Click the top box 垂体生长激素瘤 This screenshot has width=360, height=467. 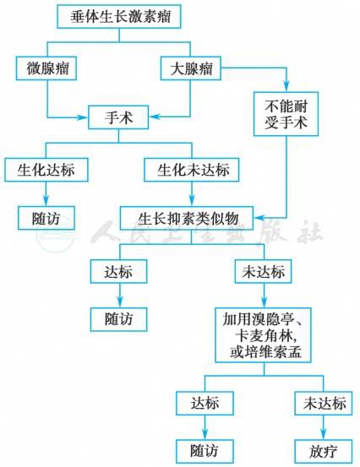(119, 16)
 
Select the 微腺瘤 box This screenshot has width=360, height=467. (46, 68)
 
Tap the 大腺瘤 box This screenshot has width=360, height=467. (191, 68)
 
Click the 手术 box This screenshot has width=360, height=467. (118, 117)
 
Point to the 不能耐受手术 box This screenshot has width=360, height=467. (286, 114)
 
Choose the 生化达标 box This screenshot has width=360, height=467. (46, 170)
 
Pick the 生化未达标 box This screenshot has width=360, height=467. (192, 170)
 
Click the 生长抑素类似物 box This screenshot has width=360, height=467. (187, 218)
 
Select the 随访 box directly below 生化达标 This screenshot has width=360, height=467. (46, 218)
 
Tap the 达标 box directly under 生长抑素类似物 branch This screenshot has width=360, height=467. (118, 271)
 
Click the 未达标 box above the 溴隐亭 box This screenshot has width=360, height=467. (263, 271)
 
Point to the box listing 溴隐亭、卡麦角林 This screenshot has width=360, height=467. (263, 335)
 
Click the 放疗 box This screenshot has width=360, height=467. (324, 451)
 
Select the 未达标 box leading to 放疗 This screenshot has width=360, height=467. (324, 404)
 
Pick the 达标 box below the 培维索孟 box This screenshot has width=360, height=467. (205, 404)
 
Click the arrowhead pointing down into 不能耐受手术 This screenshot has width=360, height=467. (286, 87)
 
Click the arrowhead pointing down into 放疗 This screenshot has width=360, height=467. (324, 434)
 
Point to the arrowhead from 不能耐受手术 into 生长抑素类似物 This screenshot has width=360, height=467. (259, 218)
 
